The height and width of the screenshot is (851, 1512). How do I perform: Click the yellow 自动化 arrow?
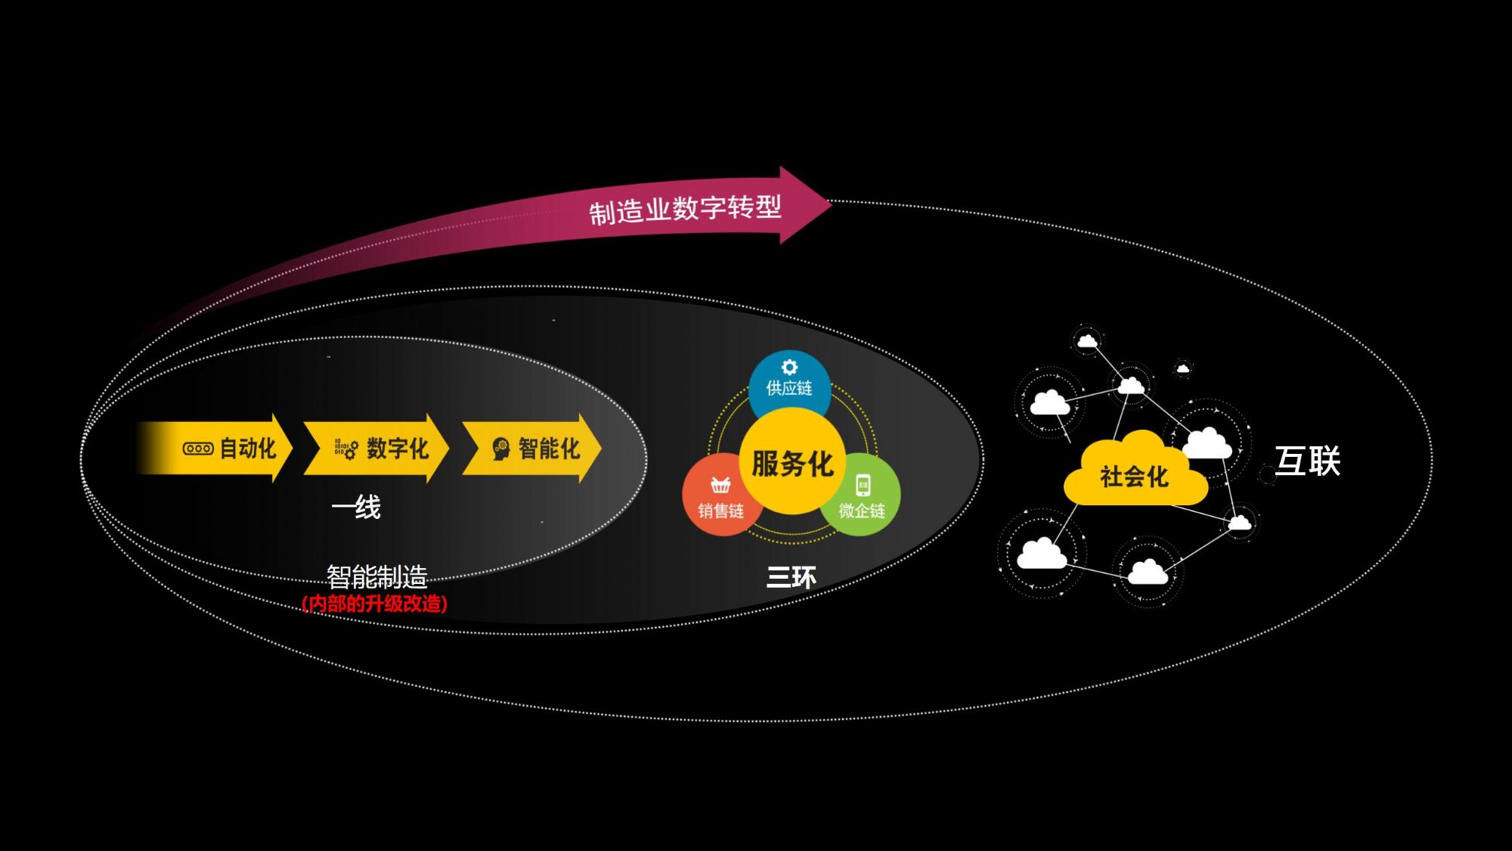tap(227, 449)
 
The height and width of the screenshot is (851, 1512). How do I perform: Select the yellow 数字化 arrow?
tap(378, 449)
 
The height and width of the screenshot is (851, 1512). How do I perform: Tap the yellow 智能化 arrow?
tap(533, 449)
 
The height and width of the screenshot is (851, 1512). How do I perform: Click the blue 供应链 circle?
tap(789, 382)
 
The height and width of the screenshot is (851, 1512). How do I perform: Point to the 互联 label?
tap(1307, 461)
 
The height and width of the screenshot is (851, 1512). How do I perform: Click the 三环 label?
tap(791, 578)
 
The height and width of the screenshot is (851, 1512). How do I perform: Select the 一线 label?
tap(356, 507)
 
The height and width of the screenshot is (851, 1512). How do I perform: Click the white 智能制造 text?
tap(376, 577)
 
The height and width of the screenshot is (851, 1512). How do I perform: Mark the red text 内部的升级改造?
tap(375, 604)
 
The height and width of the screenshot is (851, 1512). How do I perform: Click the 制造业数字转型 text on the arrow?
tap(685, 209)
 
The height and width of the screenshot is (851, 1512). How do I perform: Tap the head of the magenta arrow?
tap(805, 204)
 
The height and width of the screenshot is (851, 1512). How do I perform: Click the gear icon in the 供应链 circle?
tap(789, 367)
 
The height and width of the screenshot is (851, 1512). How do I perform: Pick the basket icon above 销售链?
tap(720, 485)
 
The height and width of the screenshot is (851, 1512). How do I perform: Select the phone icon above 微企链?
tap(863, 485)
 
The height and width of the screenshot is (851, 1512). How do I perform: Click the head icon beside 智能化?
tap(500, 449)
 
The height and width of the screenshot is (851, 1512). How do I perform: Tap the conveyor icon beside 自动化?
tap(198, 449)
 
